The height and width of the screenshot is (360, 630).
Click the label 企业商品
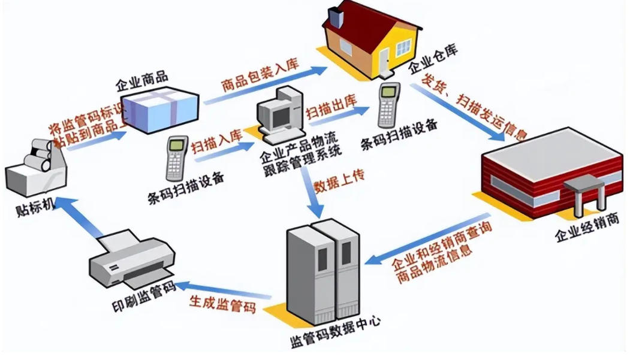141,81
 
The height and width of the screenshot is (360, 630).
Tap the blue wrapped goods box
160,109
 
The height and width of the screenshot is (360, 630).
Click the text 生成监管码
222,303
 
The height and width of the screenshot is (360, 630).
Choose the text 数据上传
339,181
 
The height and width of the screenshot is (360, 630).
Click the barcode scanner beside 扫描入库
177,157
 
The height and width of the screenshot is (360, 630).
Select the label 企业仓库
433,60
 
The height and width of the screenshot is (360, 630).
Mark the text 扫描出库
331,107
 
